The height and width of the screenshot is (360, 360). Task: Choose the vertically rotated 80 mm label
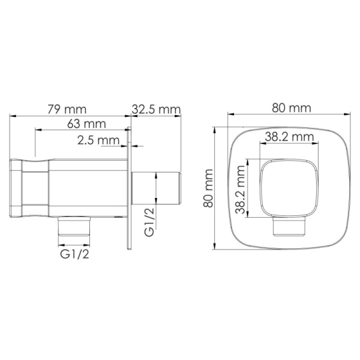208,188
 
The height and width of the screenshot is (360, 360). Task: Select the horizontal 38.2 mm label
290,137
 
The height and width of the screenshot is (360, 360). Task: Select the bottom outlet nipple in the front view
289,227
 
